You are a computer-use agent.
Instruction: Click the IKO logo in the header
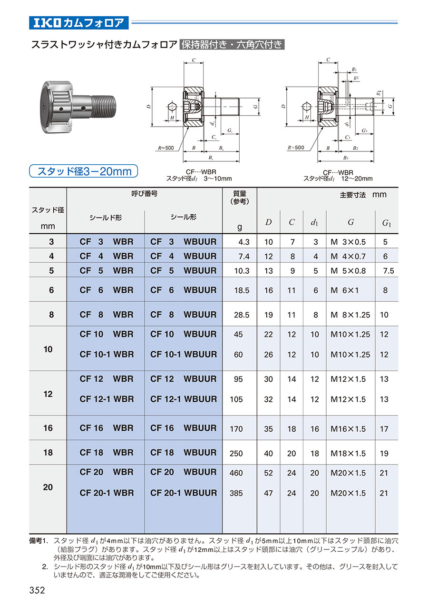click(x=47, y=23)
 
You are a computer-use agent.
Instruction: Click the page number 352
click(x=37, y=590)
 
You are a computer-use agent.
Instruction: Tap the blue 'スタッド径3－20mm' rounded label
click(x=84, y=171)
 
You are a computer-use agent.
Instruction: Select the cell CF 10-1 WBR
click(x=107, y=354)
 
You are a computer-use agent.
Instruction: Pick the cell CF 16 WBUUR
click(x=184, y=427)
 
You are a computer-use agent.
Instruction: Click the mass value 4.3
click(x=243, y=242)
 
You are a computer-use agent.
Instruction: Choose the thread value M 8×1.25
click(x=350, y=315)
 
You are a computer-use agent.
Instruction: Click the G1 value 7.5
click(x=388, y=271)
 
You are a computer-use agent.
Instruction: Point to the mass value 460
click(x=236, y=473)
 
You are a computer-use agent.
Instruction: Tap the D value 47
click(x=268, y=493)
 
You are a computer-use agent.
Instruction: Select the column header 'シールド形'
click(x=106, y=218)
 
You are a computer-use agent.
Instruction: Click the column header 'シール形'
click(x=184, y=217)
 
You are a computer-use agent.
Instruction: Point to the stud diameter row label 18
click(x=48, y=452)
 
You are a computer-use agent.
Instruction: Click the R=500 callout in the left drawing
click(x=165, y=148)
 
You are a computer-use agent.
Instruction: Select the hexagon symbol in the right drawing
click(x=306, y=107)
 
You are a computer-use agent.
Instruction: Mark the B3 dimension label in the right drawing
click(x=354, y=70)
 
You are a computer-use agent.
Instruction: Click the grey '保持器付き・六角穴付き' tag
click(x=232, y=44)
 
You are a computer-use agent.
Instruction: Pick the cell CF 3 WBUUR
click(x=184, y=241)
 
